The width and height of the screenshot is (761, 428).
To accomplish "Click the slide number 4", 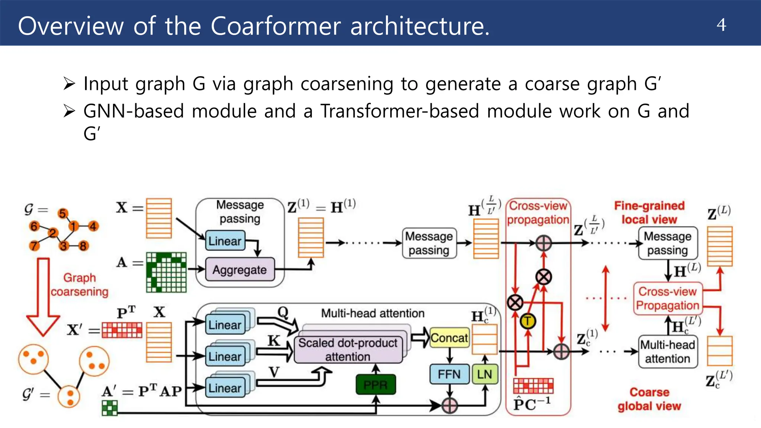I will [721, 25].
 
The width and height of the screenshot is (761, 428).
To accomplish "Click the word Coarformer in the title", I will [275, 26].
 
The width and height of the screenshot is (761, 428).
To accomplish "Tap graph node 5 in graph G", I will [62, 214].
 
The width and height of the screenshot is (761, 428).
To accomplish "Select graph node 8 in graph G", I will [83, 246].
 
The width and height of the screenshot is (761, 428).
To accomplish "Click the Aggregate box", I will [240, 269].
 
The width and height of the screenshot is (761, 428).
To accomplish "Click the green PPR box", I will [375, 385].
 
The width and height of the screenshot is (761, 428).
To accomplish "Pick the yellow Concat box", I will [449, 338].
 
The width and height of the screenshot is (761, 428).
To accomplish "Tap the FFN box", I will [449, 374].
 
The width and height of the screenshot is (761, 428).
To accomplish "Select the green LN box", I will [484, 374].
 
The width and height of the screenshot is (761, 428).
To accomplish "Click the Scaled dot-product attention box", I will [348, 349].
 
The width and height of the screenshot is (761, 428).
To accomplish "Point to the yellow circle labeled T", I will [528, 321].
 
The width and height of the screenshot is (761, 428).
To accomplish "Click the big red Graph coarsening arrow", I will [43, 297].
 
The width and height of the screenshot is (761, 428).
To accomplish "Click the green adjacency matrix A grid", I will [166, 272].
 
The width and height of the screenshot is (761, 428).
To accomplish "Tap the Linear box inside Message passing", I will [225, 241].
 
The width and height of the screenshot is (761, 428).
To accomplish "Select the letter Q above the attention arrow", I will [283, 312].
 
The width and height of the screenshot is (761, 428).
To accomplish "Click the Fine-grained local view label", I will [649, 213].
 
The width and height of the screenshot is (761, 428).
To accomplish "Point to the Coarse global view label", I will [649, 399].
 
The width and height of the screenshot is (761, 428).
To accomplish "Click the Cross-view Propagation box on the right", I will [667, 298].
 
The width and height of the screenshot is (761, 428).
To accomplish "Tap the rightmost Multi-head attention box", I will [667, 351].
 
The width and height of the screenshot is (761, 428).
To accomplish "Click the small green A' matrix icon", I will [110, 408].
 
